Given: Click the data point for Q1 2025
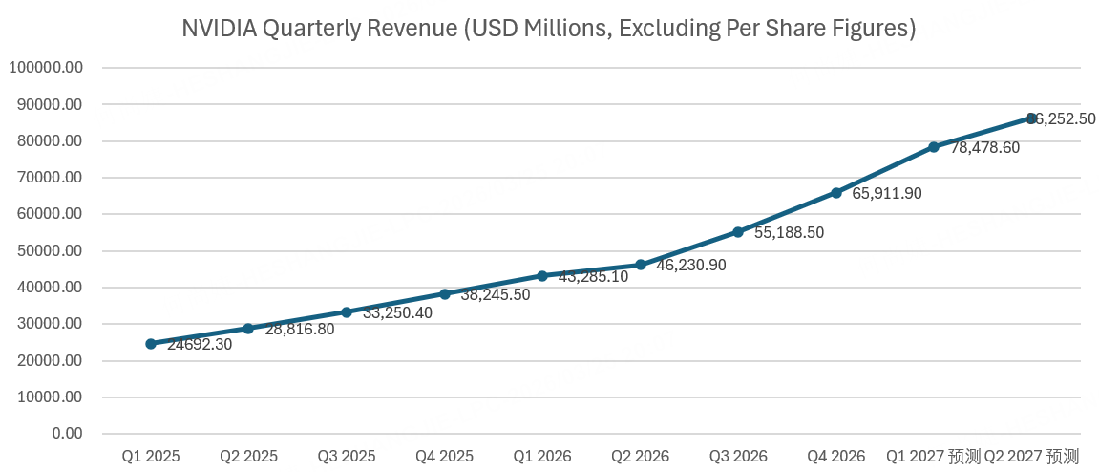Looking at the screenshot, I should [x=151, y=344].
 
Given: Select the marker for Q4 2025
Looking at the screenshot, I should [x=445, y=294].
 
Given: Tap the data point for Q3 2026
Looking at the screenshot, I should [x=738, y=232].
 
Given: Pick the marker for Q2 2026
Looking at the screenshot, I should [x=641, y=265].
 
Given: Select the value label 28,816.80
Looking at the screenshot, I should [x=300, y=330].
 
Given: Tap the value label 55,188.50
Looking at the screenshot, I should [x=789, y=232].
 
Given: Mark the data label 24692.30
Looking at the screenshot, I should [x=200, y=344].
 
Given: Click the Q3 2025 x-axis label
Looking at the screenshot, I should [x=347, y=457].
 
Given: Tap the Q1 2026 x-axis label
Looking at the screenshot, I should [x=542, y=457].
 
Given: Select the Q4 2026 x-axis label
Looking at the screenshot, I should [x=836, y=457].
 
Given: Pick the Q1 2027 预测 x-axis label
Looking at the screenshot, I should [x=933, y=457].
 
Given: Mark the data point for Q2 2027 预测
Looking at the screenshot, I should [x=1032, y=118].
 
